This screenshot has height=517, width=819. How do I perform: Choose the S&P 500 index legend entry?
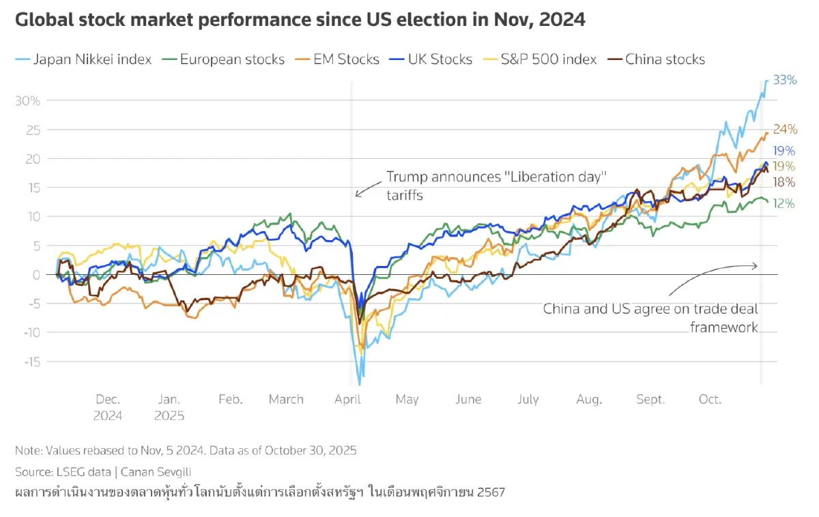(546, 59)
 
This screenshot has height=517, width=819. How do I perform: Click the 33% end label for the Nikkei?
(785, 80)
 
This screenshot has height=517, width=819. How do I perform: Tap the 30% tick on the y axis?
(28, 100)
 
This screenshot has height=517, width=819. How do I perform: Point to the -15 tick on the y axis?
(31, 361)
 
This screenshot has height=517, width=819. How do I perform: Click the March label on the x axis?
(286, 399)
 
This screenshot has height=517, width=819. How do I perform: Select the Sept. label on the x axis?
(650, 399)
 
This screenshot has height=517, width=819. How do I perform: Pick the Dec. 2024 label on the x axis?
(108, 407)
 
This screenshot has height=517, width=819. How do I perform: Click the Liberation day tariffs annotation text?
(497, 186)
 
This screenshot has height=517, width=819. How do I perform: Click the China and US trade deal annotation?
(650, 318)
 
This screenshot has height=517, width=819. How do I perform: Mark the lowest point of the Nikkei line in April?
(360, 385)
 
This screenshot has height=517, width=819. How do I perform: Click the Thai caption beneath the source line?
(259, 492)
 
